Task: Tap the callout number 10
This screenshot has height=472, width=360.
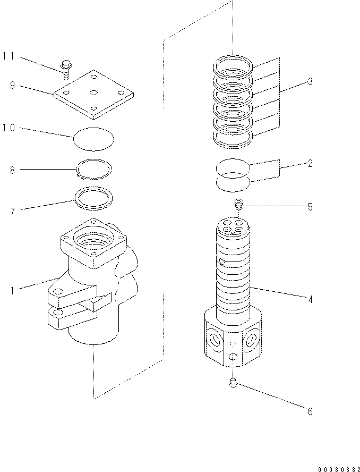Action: (x=10, y=128)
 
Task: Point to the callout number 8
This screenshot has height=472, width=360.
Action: (x=12, y=170)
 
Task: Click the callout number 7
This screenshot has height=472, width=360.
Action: (x=12, y=211)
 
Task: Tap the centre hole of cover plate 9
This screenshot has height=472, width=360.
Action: (x=93, y=93)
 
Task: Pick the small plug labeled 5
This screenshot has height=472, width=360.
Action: (x=239, y=204)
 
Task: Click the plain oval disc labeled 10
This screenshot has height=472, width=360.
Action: (x=93, y=138)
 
